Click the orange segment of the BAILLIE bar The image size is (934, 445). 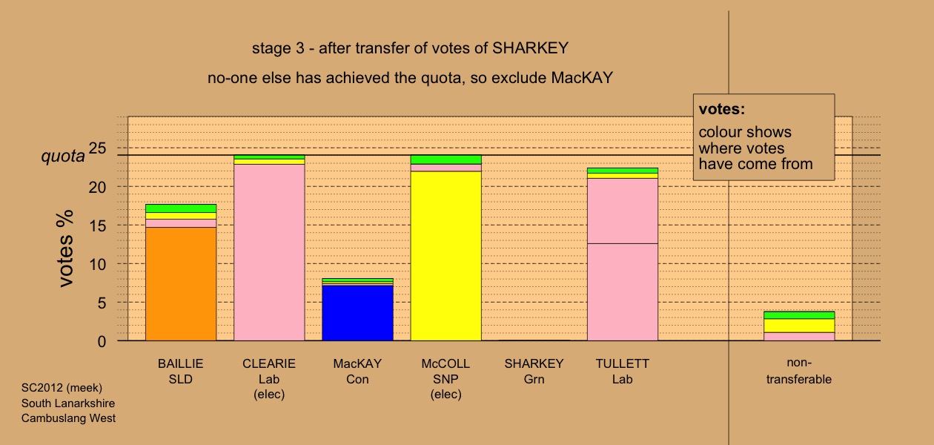tap(181, 284)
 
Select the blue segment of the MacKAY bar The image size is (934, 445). tap(358, 313)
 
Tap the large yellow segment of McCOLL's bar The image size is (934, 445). tap(446, 256)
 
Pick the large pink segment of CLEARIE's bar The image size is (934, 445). tap(269, 252)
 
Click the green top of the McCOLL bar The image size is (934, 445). tap(446, 159)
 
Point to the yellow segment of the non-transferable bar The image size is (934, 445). tap(799, 326)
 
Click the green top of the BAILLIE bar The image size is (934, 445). tap(181, 208)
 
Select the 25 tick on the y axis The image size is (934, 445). tap(98, 148)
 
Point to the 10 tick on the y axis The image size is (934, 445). tap(98, 264)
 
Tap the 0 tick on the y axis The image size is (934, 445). tap(102, 342)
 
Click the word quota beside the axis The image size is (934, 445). tap(63, 156)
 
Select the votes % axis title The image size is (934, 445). tap(65, 248)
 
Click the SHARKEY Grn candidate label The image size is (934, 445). tap(534, 371)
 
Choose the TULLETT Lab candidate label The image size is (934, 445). tap(623, 371)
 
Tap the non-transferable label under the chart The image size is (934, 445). tap(799, 371)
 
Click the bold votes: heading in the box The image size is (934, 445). tap(722, 109)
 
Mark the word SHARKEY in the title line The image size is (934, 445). tap(531, 48)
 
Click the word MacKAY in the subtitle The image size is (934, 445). tap(582, 78)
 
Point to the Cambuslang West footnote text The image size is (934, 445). tap(68, 418)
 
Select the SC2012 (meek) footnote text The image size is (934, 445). tap(62, 388)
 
